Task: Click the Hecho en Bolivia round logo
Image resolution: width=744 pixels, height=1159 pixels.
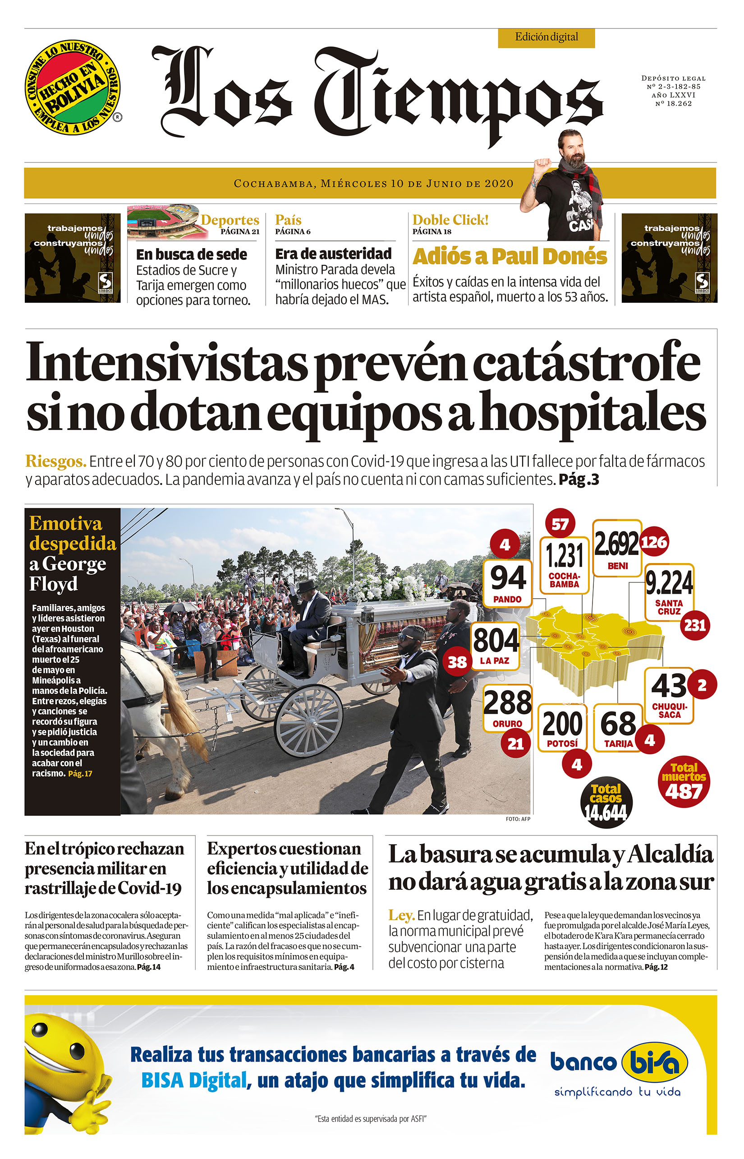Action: (73, 88)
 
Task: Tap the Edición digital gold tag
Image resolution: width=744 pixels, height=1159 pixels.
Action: (546, 37)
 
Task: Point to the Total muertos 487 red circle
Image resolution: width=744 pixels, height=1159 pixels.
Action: (684, 781)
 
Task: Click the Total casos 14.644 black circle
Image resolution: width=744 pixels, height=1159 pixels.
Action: (606, 802)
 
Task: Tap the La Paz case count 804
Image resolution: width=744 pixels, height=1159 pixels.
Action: (496, 640)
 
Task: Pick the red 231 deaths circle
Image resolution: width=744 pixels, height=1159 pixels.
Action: (695, 625)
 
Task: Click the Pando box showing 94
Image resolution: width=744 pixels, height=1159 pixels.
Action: (508, 582)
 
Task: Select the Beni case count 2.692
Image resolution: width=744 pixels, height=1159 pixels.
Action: (617, 544)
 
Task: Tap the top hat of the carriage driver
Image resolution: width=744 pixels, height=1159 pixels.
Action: (307, 586)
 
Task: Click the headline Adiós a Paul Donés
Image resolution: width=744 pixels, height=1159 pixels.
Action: (509, 256)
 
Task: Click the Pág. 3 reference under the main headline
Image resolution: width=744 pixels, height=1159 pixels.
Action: (579, 480)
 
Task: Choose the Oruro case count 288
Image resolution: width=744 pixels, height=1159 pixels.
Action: (507, 703)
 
